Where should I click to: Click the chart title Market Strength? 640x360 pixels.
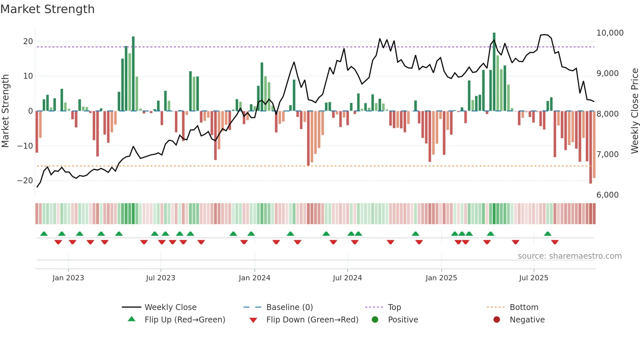47,9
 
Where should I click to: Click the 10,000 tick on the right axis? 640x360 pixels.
610,33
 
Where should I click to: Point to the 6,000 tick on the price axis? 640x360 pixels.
607,195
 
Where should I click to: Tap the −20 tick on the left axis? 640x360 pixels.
25,181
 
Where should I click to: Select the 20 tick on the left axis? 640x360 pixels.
28,41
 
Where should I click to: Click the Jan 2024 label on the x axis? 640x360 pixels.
254,278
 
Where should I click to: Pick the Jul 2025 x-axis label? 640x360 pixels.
534,278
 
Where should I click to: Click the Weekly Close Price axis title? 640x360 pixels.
634,111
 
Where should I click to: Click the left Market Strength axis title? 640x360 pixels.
5,111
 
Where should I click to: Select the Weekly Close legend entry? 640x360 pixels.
170,307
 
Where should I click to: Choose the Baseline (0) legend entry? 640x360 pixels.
289,307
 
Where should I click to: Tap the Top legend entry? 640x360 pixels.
394,307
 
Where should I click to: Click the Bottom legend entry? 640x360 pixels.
524,307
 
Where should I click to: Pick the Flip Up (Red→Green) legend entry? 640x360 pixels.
184,320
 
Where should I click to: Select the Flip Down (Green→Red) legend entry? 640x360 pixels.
312,320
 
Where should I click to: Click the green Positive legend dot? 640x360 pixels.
375,320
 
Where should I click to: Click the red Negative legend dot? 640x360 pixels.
497,320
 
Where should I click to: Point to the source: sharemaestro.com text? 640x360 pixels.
569,256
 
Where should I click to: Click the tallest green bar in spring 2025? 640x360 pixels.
494,72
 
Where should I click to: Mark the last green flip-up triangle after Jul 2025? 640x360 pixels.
548,234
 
